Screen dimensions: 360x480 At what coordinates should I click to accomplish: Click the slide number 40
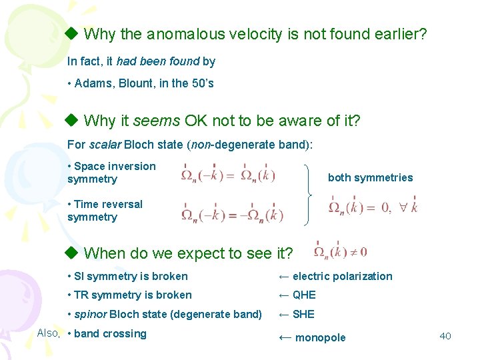pyautogui.click(x=445, y=336)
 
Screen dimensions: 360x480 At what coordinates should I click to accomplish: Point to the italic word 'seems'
pyautogui.click(x=157, y=121)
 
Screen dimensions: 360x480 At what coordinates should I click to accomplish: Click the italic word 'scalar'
pyautogui.click(x=105, y=145)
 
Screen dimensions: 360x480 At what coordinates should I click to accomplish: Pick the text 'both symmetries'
pyautogui.click(x=370, y=177)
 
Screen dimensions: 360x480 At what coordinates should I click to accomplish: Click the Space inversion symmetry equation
pyautogui.click(x=228, y=176)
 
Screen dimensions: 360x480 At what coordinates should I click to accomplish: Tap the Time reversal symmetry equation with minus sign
pyautogui.click(x=232, y=214)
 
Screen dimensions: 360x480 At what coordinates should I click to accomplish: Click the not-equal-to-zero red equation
pyautogui.click(x=340, y=252)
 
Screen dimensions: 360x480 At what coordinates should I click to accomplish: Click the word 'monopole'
pyautogui.click(x=320, y=337)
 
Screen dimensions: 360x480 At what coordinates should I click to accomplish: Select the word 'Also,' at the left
pyautogui.click(x=49, y=333)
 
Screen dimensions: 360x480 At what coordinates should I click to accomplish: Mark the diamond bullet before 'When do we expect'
pyautogui.click(x=72, y=253)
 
